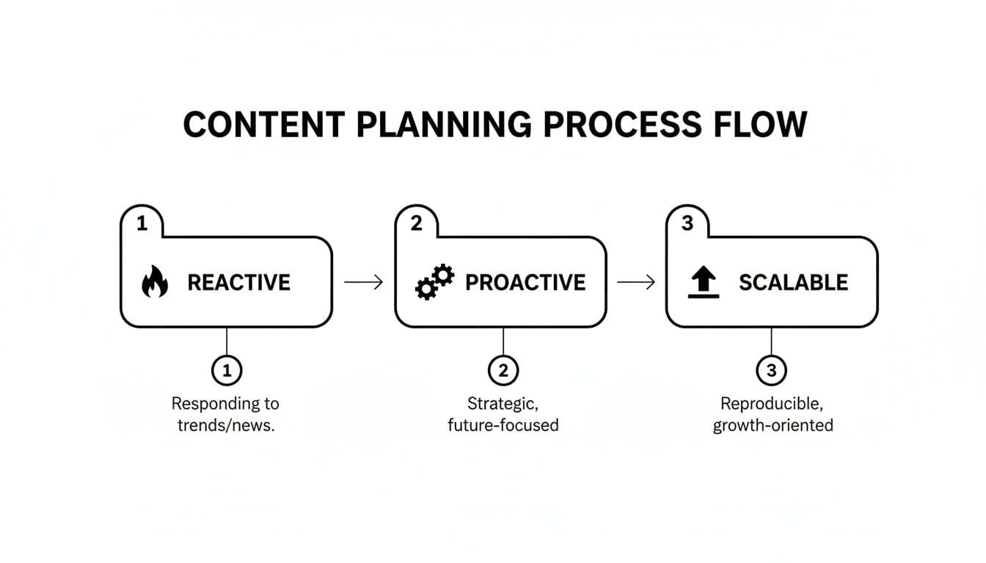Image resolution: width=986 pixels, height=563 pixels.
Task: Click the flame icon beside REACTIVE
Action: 154,283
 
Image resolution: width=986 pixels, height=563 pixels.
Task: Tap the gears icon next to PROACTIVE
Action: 434,283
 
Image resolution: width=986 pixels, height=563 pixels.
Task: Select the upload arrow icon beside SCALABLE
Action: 704,283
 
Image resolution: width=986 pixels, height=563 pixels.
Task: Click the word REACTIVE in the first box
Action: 239,283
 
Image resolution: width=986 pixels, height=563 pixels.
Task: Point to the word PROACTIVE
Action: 525,283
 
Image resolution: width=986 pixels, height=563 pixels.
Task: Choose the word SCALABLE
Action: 793,283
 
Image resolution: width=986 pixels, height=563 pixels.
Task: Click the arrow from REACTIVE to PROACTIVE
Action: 363,282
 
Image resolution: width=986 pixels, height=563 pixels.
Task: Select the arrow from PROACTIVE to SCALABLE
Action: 636,282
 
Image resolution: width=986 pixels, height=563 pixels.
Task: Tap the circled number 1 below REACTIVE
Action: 227,372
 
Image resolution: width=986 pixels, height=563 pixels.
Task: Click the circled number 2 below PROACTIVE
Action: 503,372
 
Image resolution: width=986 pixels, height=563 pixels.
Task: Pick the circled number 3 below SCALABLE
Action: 771,372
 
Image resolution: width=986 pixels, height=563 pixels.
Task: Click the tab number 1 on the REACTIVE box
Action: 142,224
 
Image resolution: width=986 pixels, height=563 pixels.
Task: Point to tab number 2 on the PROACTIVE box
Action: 416,224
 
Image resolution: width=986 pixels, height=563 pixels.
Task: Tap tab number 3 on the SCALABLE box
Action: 687,224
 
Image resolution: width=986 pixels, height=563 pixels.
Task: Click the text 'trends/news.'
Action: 226,425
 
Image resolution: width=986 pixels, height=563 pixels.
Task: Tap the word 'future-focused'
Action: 503,425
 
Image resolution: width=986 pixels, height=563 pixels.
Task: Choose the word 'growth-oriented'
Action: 773,425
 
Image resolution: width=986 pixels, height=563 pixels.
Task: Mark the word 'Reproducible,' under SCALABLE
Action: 773,403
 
